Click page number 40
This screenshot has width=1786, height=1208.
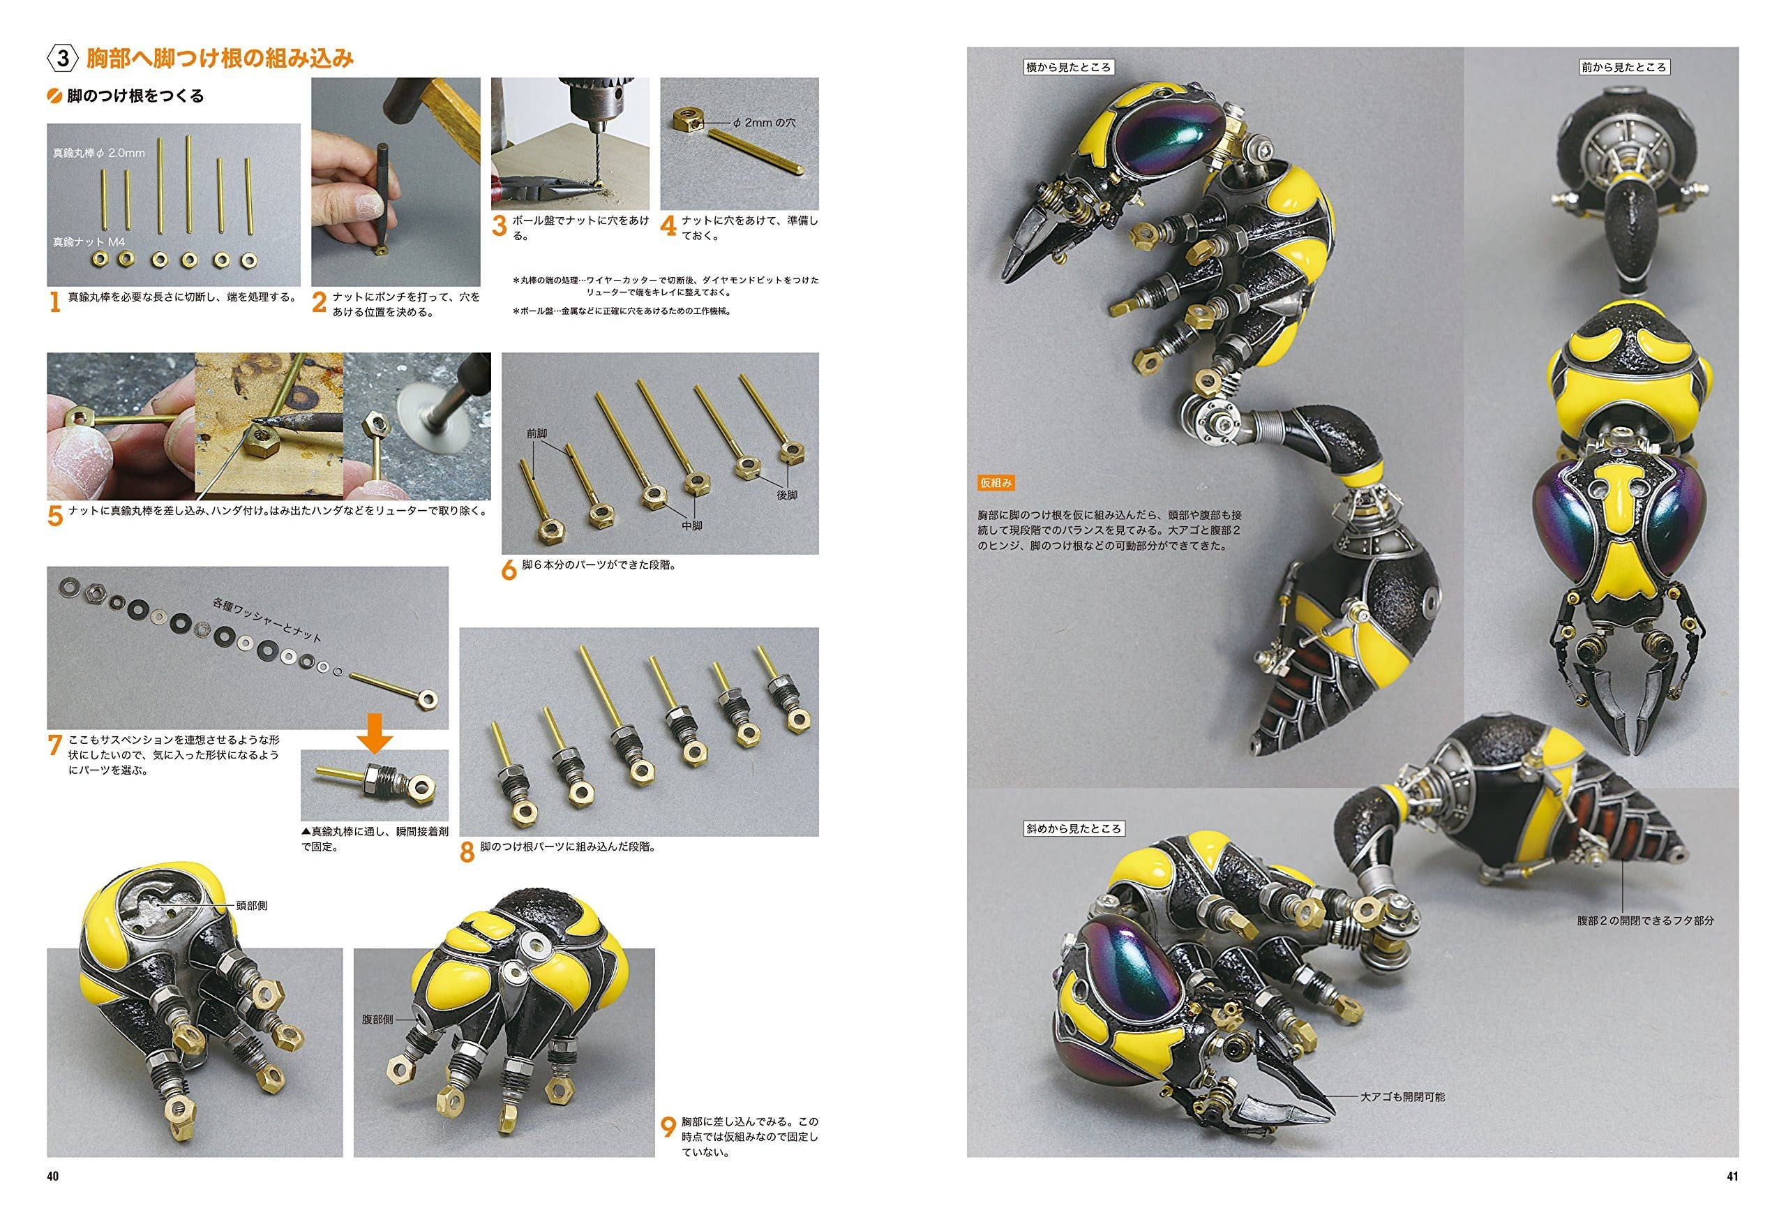(53, 1176)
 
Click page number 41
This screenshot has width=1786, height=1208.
(1732, 1176)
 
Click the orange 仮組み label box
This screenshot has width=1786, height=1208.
(996, 483)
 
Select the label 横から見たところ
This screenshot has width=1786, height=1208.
(1068, 67)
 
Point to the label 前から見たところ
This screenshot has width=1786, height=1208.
(1623, 67)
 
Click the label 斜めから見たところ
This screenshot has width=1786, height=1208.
(1074, 828)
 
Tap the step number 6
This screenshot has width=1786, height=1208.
(509, 569)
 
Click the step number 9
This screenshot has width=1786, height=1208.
(668, 1127)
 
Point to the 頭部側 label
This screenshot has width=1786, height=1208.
(252, 906)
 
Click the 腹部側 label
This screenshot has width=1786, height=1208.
(377, 1019)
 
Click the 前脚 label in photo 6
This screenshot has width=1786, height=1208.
(536, 433)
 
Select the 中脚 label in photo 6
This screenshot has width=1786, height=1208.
(691, 525)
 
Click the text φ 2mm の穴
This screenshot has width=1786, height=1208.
(765, 121)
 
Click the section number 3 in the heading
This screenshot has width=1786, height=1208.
(66, 58)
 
